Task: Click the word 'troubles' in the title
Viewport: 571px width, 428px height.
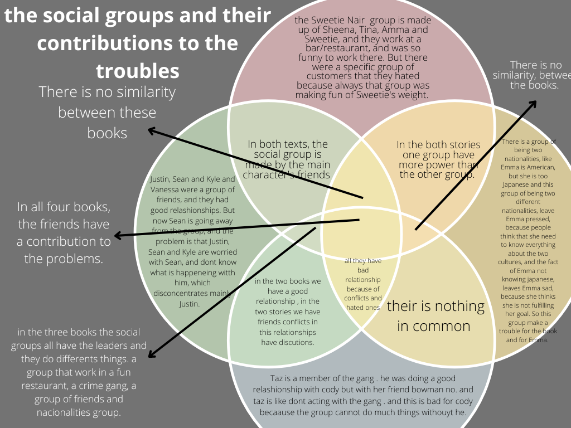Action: (137, 71)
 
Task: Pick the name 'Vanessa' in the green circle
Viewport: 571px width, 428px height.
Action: (166, 189)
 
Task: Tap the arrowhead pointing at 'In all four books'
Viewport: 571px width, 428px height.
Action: (118, 236)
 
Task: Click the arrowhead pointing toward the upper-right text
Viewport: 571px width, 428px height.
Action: (534, 104)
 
